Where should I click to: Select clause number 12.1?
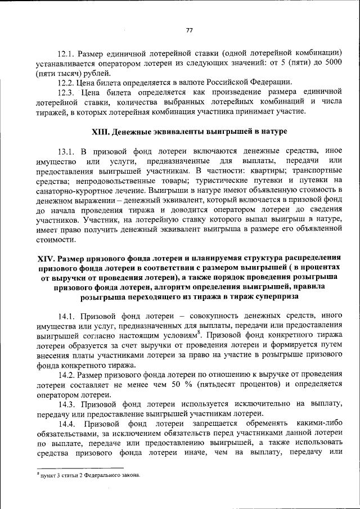click(x=67, y=53)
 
